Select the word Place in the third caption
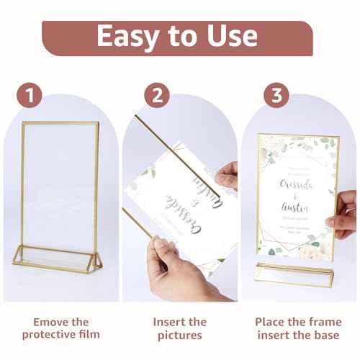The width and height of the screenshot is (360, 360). (272, 322)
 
